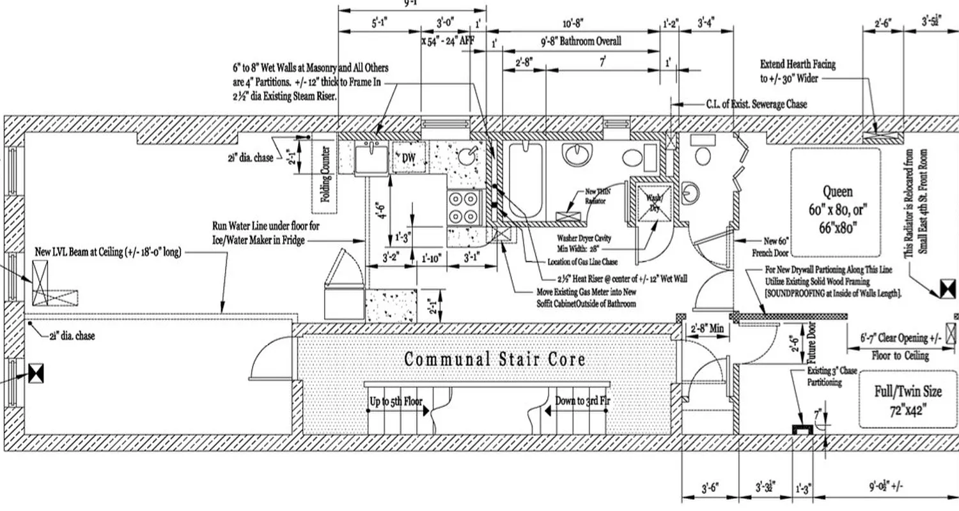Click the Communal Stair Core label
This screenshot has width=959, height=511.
click(494, 359)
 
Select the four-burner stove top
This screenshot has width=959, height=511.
click(464, 206)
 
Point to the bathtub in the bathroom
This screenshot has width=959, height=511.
click(526, 180)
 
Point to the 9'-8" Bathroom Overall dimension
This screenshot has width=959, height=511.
click(581, 42)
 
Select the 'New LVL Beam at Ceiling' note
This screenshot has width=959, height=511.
click(108, 252)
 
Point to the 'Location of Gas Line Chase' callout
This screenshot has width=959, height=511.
click(586, 263)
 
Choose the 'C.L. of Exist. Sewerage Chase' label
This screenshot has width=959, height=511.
click(756, 104)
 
